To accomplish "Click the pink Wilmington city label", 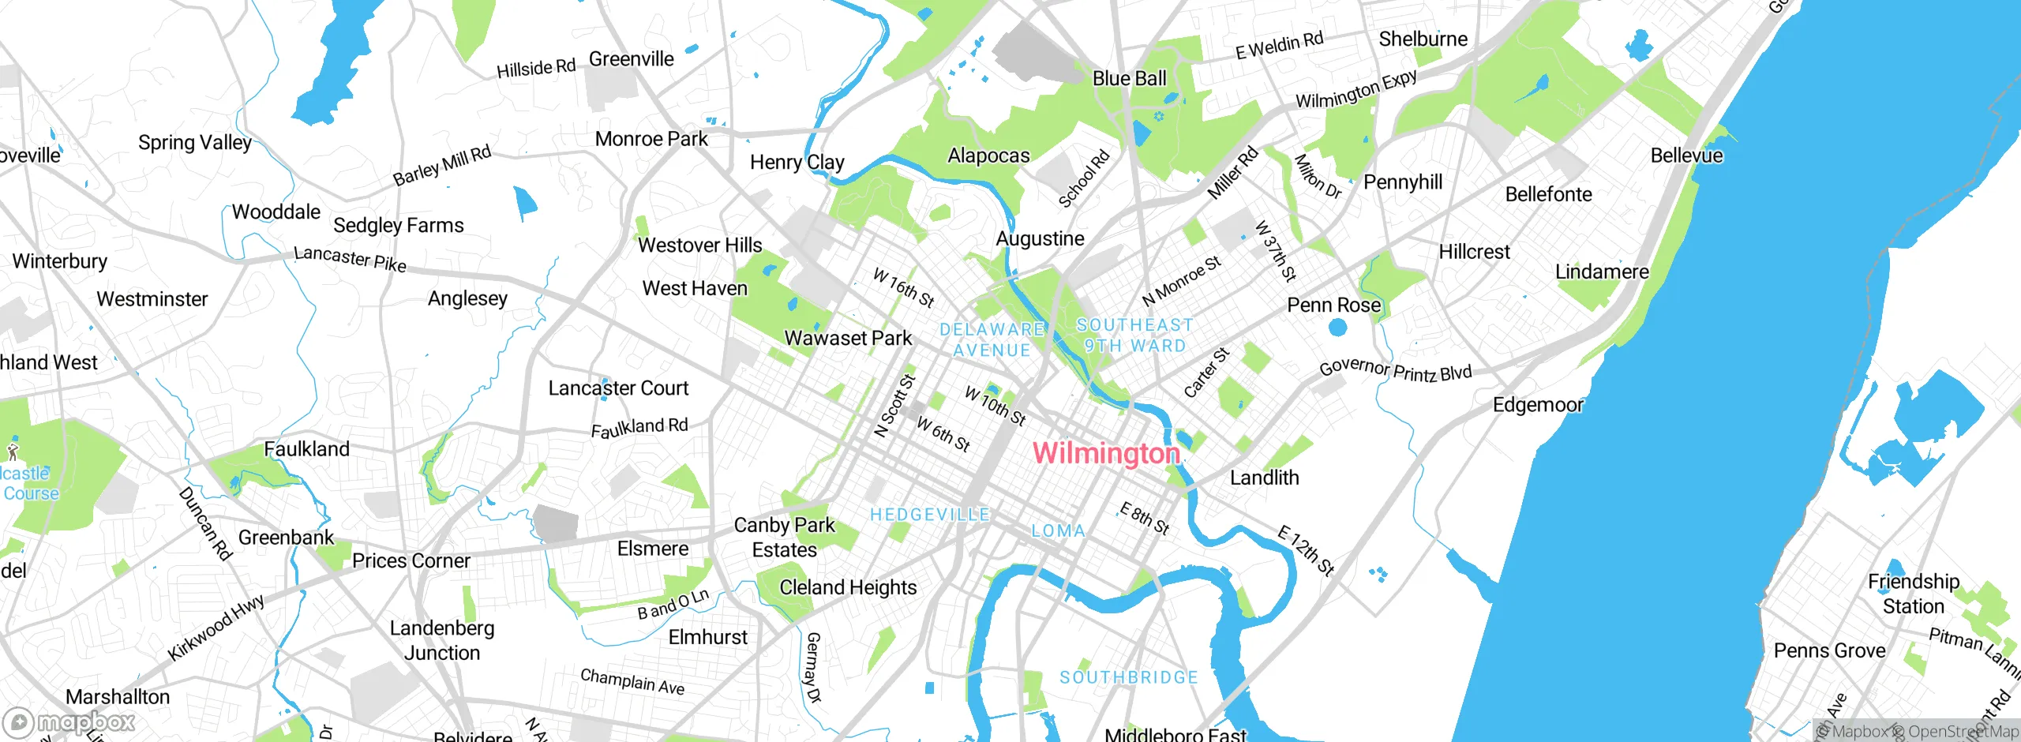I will tap(1106, 453).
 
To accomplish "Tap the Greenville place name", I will tap(631, 59).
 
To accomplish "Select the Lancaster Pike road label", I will tap(350, 259).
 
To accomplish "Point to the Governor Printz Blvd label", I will tap(1395, 370).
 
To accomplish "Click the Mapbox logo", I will tap(69, 722).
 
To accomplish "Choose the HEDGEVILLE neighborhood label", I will tap(929, 515).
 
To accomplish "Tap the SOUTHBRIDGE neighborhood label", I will tap(1128, 677).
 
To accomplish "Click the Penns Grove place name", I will tap(1829, 650).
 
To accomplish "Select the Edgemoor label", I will tap(1537, 405).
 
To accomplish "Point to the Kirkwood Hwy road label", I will tap(216, 628).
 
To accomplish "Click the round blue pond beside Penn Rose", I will tap(1337, 327).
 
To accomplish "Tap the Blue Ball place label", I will tap(1129, 79).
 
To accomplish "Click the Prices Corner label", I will tap(411, 560).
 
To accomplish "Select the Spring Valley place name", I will tap(194, 143).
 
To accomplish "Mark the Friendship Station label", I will tap(1913, 594).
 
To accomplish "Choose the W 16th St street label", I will tap(903, 287).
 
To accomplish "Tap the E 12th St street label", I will tap(1306, 550).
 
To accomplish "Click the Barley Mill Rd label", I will tap(442, 166).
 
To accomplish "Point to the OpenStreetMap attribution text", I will tap(1962, 732).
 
